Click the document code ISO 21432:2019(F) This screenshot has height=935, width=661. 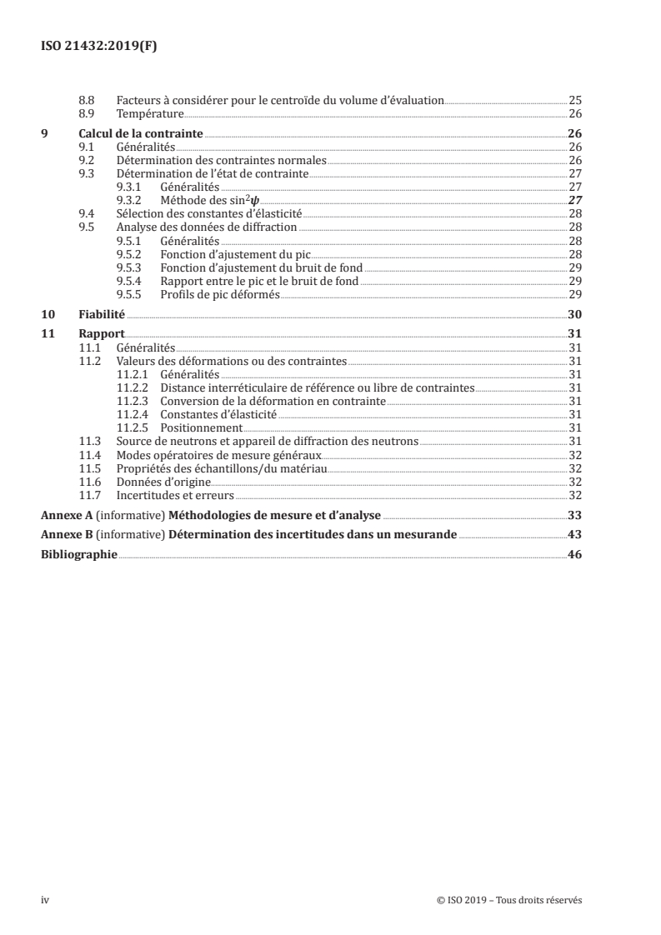point(99,47)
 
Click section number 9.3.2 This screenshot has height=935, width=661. point(130,201)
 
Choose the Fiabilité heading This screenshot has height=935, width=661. point(102,315)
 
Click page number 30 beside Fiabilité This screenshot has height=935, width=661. point(574,315)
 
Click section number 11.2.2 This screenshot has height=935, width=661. point(133,388)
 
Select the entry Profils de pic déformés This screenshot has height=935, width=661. point(209,295)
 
